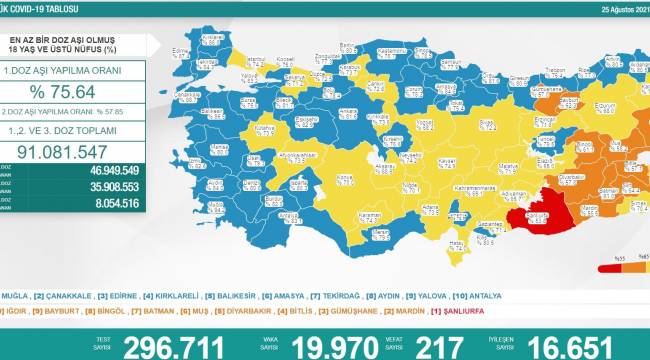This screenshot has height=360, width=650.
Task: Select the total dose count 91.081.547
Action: coord(74,152)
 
